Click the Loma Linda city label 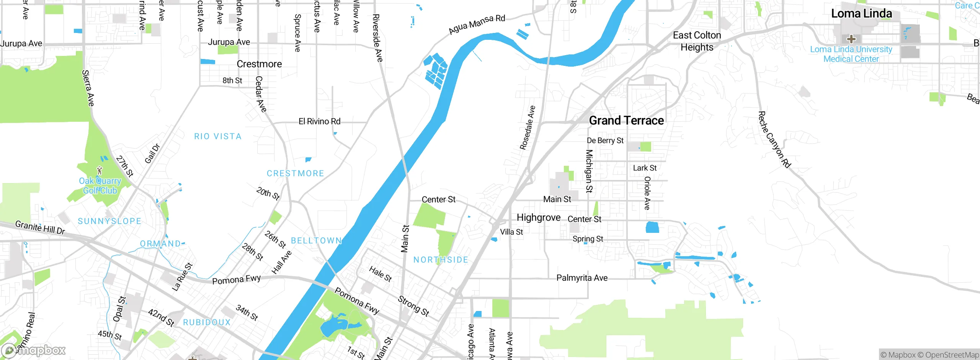coord(861,14)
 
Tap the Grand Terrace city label coord(626,121)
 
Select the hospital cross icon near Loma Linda coord(851,39)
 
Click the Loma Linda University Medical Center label coord(851,54)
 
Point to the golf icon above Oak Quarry coord(100,170)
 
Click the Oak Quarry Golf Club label coord(100,186)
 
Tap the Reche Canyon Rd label coord(774,140)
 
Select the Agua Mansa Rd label coord(477,24)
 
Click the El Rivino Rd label coord(319,121)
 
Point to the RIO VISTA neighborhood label coord(218,136)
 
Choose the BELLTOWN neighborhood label coord(316,241)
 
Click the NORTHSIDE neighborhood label coord(441,260)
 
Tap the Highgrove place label coord(538,218)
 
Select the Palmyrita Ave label coord(582,278)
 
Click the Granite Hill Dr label coord(40,227)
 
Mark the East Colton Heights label coord(697,41)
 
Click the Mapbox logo coord(33,350)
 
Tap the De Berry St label coord(605,141)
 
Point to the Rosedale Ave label coord(527,128)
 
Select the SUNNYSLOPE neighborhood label coord(109,221)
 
